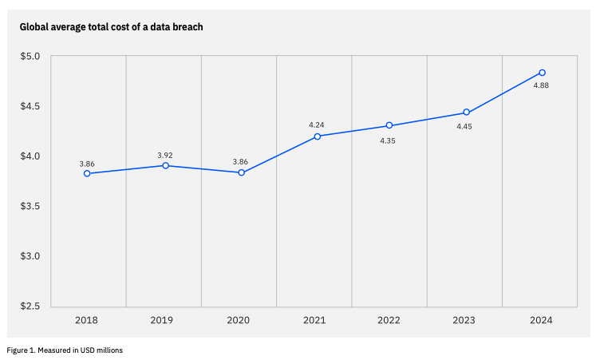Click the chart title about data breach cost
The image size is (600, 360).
[112, 27]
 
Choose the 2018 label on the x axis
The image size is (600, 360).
[87, 320]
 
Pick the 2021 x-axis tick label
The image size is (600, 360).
[314, 320]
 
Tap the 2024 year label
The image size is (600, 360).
[540, 320]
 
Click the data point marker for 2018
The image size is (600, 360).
[87, 173]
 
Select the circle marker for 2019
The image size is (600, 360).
[165, 165]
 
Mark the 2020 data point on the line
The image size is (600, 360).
[241, 172]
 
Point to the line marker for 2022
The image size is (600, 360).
[389, 125]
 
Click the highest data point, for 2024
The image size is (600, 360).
[542, 73]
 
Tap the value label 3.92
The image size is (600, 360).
[165, 154]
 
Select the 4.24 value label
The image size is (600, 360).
[317, 125]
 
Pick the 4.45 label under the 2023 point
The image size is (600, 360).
[464, 126]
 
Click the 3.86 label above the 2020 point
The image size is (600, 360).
[240, 161]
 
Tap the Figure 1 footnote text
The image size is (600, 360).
[65, 350]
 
